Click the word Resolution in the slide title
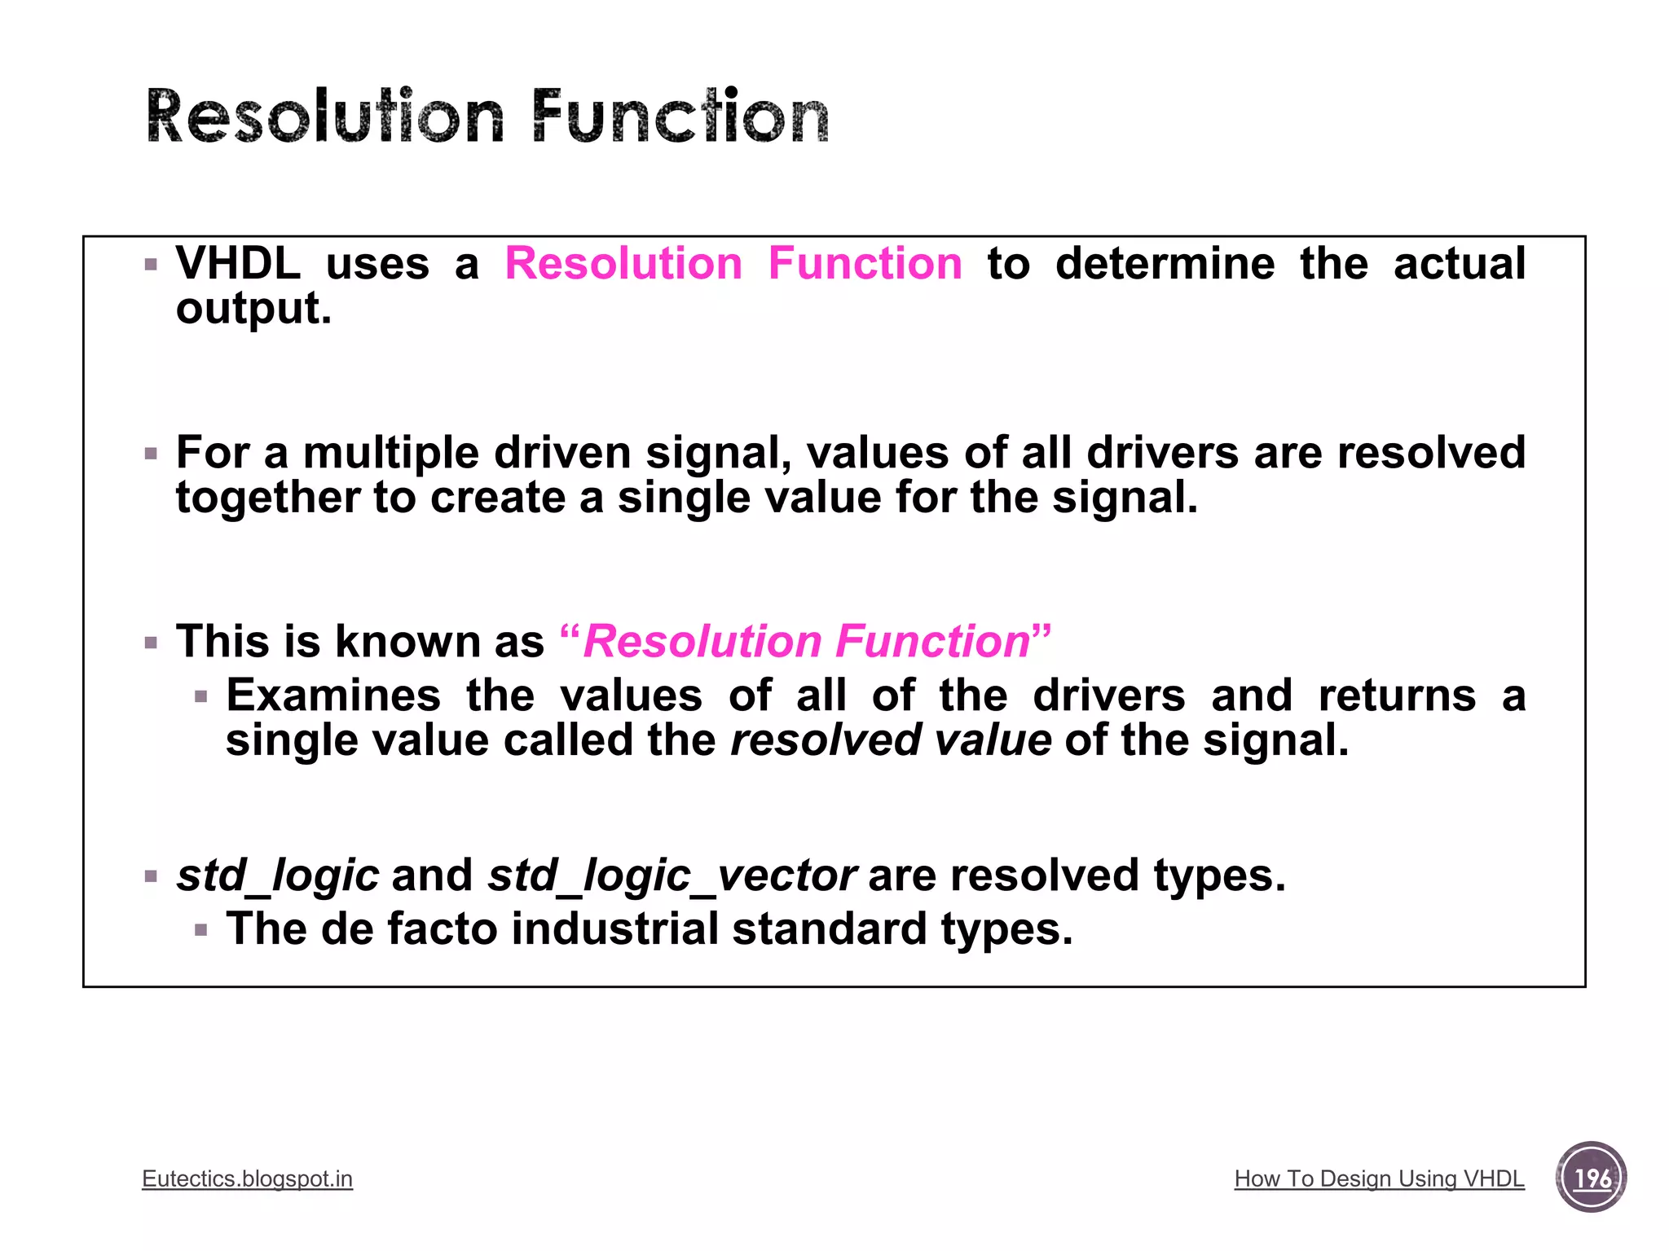[326, 117]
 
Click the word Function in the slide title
[680, 117]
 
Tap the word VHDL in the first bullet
[238, 264]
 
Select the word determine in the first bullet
[1165, 264]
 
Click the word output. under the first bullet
[253, 309]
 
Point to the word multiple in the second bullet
[391, 453]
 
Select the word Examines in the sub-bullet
[333, 696]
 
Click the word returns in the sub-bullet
[1397, 696]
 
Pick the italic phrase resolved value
[891, 740]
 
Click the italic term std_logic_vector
[672, 876]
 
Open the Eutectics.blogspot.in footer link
[247, 1179]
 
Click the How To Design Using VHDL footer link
[1379, 1179]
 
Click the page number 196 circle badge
[1591, 1178]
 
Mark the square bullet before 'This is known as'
[151, 643]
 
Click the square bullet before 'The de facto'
[201, 930]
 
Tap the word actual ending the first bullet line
[1459, 264]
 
